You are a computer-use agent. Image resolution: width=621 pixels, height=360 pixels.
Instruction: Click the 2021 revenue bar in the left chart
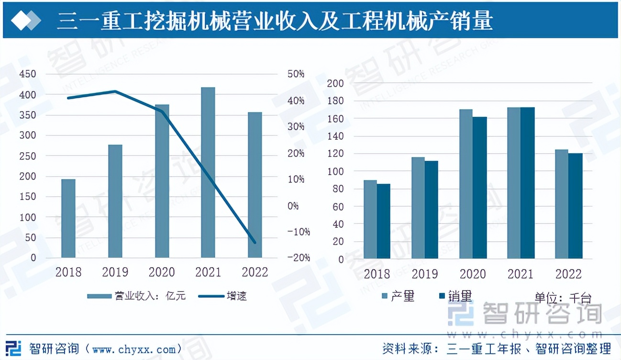click(x=208, y=172)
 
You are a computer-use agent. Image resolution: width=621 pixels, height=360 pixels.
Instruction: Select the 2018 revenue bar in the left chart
click(x=68, y=218)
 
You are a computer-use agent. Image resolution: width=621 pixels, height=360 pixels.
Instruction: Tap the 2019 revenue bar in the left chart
click(x=115, y=201)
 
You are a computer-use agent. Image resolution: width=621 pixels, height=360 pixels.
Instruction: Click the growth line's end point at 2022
click(x=255, y=242)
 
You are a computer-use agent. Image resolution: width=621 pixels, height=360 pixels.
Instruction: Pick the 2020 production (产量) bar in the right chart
click(x=466, y=184)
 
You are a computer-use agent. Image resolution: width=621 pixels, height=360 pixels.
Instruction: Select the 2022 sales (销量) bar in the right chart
click(x=576, y=206)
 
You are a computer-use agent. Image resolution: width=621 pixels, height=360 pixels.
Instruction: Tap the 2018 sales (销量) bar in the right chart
click(x=384, y=221)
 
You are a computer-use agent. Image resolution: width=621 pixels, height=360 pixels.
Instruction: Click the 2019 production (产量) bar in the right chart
click(x=418, y=208)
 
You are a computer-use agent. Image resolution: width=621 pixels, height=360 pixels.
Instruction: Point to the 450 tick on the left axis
click(x=27, y=74)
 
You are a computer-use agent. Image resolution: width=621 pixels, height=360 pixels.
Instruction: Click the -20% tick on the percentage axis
click(x=299, y=258)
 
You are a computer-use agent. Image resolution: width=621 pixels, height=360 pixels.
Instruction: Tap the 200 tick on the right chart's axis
click(x=335, y=83)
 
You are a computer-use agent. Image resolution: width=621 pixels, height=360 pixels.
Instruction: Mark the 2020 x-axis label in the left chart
click(x=162, y=272)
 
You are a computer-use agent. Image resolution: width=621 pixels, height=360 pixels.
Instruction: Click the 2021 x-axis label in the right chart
click(x=521, y=274)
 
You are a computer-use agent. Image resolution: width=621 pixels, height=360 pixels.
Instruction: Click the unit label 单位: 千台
click(x=563, y=298)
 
